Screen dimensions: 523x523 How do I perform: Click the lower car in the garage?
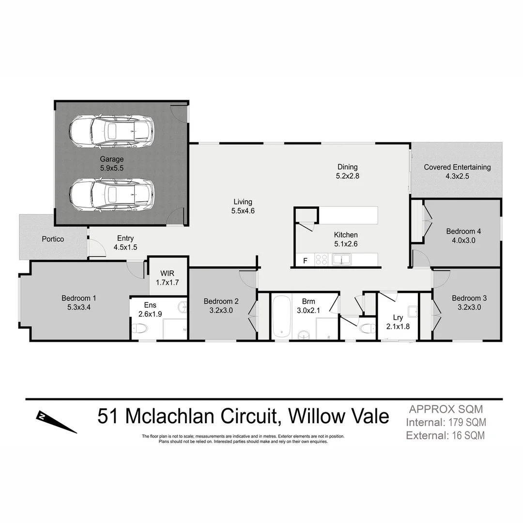(x=111, y=195)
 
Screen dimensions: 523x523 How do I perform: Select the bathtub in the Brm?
(x=281, y=317)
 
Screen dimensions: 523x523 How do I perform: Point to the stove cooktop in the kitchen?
(x=321, y=260)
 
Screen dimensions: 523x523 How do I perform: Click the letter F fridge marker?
(x=305, y=261)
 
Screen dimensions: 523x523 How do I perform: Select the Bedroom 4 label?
(x=463, y=231)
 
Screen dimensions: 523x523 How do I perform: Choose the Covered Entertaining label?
(x=457, y=167)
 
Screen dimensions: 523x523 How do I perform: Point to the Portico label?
(x=53, y=239)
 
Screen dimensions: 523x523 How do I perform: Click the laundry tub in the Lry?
(x=412, y=311)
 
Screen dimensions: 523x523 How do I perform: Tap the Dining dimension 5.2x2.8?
(x=348, y=176)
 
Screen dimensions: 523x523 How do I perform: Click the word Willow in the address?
(x=319, y=416)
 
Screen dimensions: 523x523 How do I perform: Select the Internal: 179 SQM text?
(x=446, y=422)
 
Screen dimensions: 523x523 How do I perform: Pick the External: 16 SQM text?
(x=445, y=435)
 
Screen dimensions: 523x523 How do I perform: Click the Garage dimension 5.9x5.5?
(x=112, y=168)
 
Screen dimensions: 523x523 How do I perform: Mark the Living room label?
(x=243, y=202)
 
